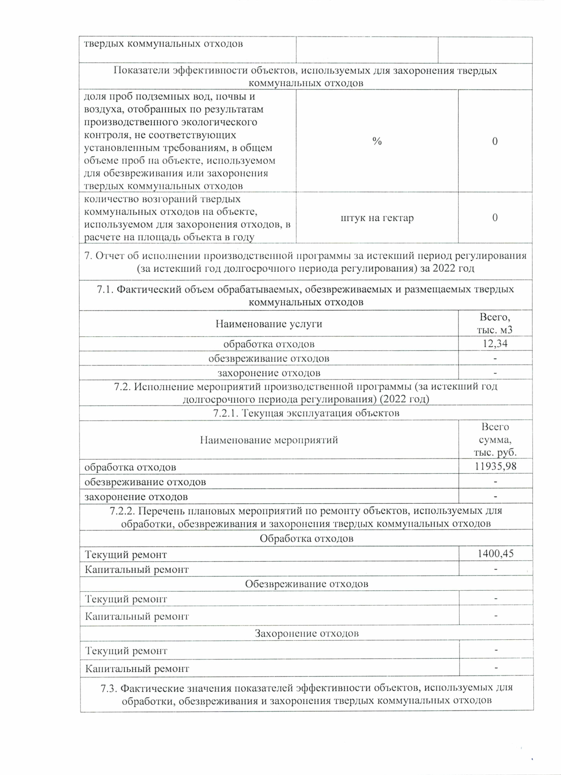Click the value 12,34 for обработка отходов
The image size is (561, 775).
(x=495, y=344)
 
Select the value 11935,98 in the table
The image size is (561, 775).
(x=495, y=466)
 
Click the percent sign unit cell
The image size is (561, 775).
(x=377, y=141)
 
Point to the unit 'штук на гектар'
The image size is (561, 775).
(x=377, y=218)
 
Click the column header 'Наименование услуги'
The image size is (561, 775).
(x=268, y=324)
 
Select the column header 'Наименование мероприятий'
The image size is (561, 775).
(x=268, y=440)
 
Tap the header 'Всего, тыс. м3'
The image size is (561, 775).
(x=495, y=324)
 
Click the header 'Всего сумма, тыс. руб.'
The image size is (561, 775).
(x=495, y=440)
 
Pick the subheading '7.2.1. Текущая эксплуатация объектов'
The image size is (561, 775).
(x=306, y=413)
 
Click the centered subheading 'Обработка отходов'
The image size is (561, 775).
(x=306, y=538)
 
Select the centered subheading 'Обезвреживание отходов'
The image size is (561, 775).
(x=306, y=584)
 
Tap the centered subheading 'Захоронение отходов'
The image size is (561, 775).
(x=306, y=633)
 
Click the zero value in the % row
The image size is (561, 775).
(x=495, y=141)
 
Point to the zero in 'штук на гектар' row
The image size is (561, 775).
(x=495, y=218)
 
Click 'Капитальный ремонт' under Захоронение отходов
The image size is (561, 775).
(x=137, y=669)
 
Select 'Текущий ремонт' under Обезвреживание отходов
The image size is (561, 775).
(x=126, y=599)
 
